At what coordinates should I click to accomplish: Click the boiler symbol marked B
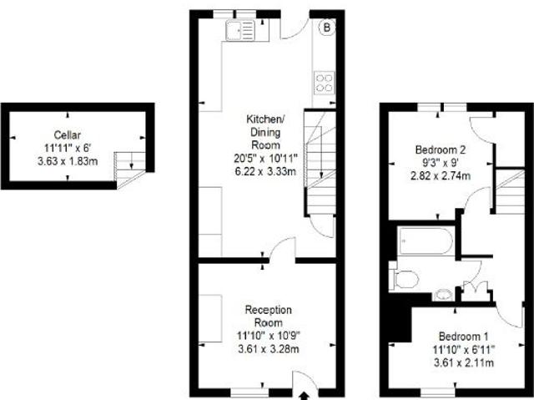pyautogui.click(x=326, y=28)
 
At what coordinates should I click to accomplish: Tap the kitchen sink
pyautogui.click(x=240, y=30)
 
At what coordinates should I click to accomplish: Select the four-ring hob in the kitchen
pyautogui.click(x=324, y=83)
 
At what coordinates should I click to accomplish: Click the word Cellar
pyautogui.click(x=68, y=135)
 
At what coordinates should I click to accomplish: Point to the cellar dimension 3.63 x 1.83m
pyautogui.click(x=68, y=161)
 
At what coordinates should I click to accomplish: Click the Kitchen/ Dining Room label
pyautogui.click(x=265, y=132)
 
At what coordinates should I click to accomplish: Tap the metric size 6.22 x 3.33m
pyautogui.click(x=265, y=171)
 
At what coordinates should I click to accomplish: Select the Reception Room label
pyautogui.click(x=269, y=316)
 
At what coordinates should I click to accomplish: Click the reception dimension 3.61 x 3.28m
pyautogui.click(x=269, y=349)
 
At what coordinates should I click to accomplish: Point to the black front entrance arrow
pyautogui.click(x=304, y=396)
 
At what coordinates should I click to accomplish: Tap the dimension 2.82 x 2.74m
pyautogui.click(x=441, y=176)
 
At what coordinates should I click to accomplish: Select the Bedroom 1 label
pyautogui.click(x=464, y=337)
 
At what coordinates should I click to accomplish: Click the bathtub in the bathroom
pyautogui.click(x=426, y=241)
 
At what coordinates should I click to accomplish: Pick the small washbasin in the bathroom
pyautogui.click(x=443, y=295)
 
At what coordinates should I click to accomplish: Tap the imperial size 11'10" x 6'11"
pyautogui.click(x=464, y=350)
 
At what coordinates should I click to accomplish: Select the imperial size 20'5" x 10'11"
pyautogui.click(x=265, y=158)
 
